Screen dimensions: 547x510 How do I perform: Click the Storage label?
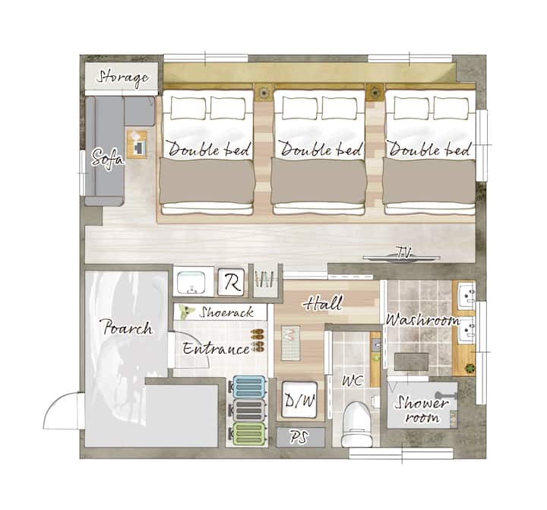tap(122, 78)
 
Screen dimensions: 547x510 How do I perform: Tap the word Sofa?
tap(107, 158)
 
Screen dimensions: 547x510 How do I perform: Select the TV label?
tap(403, 252)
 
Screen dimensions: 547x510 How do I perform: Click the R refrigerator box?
tap(231, 282)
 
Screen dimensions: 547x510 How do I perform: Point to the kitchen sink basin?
tap(191, 283)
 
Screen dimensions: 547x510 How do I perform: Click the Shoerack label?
tap(226, 312)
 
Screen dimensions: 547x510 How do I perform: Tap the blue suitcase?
tap(248, 387)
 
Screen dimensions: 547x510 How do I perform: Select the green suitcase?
tap(248, 433)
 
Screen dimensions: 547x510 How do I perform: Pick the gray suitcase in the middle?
tap(248, 410)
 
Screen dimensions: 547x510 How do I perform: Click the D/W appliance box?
tap(299, 399)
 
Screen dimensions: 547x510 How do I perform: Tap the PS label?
tap(299, 437)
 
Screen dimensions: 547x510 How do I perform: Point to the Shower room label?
tap(421, 409)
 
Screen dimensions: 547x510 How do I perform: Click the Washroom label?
tap(422, 320)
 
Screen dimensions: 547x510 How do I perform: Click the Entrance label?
tap(216, 348)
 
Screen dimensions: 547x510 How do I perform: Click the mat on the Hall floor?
tap(290, 344)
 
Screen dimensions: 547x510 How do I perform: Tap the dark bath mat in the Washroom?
tap(411, 362)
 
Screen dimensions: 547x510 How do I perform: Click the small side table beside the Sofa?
tap(137, 144)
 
